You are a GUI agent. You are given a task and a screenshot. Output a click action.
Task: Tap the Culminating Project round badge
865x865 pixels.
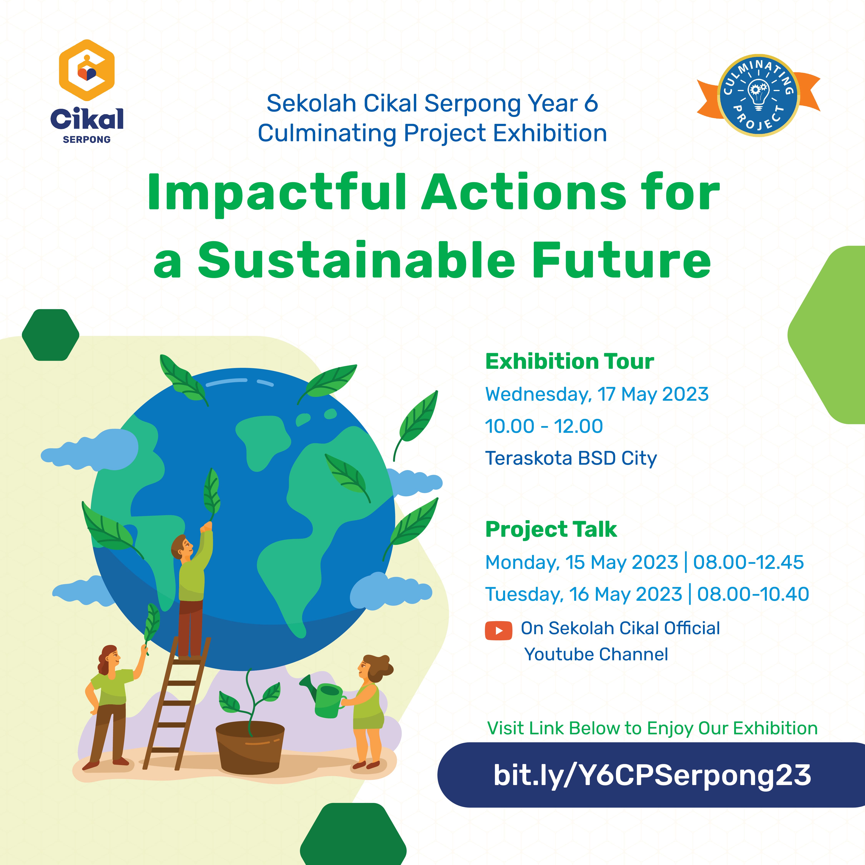(759, 95)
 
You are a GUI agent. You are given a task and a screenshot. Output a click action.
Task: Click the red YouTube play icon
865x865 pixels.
(498, 631)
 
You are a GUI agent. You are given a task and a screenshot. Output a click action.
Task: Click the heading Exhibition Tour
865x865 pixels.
(569, 361)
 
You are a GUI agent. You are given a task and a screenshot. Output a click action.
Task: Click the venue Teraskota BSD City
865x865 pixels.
(571, 459)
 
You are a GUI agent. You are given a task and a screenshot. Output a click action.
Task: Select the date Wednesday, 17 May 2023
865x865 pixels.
(597, 394)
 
